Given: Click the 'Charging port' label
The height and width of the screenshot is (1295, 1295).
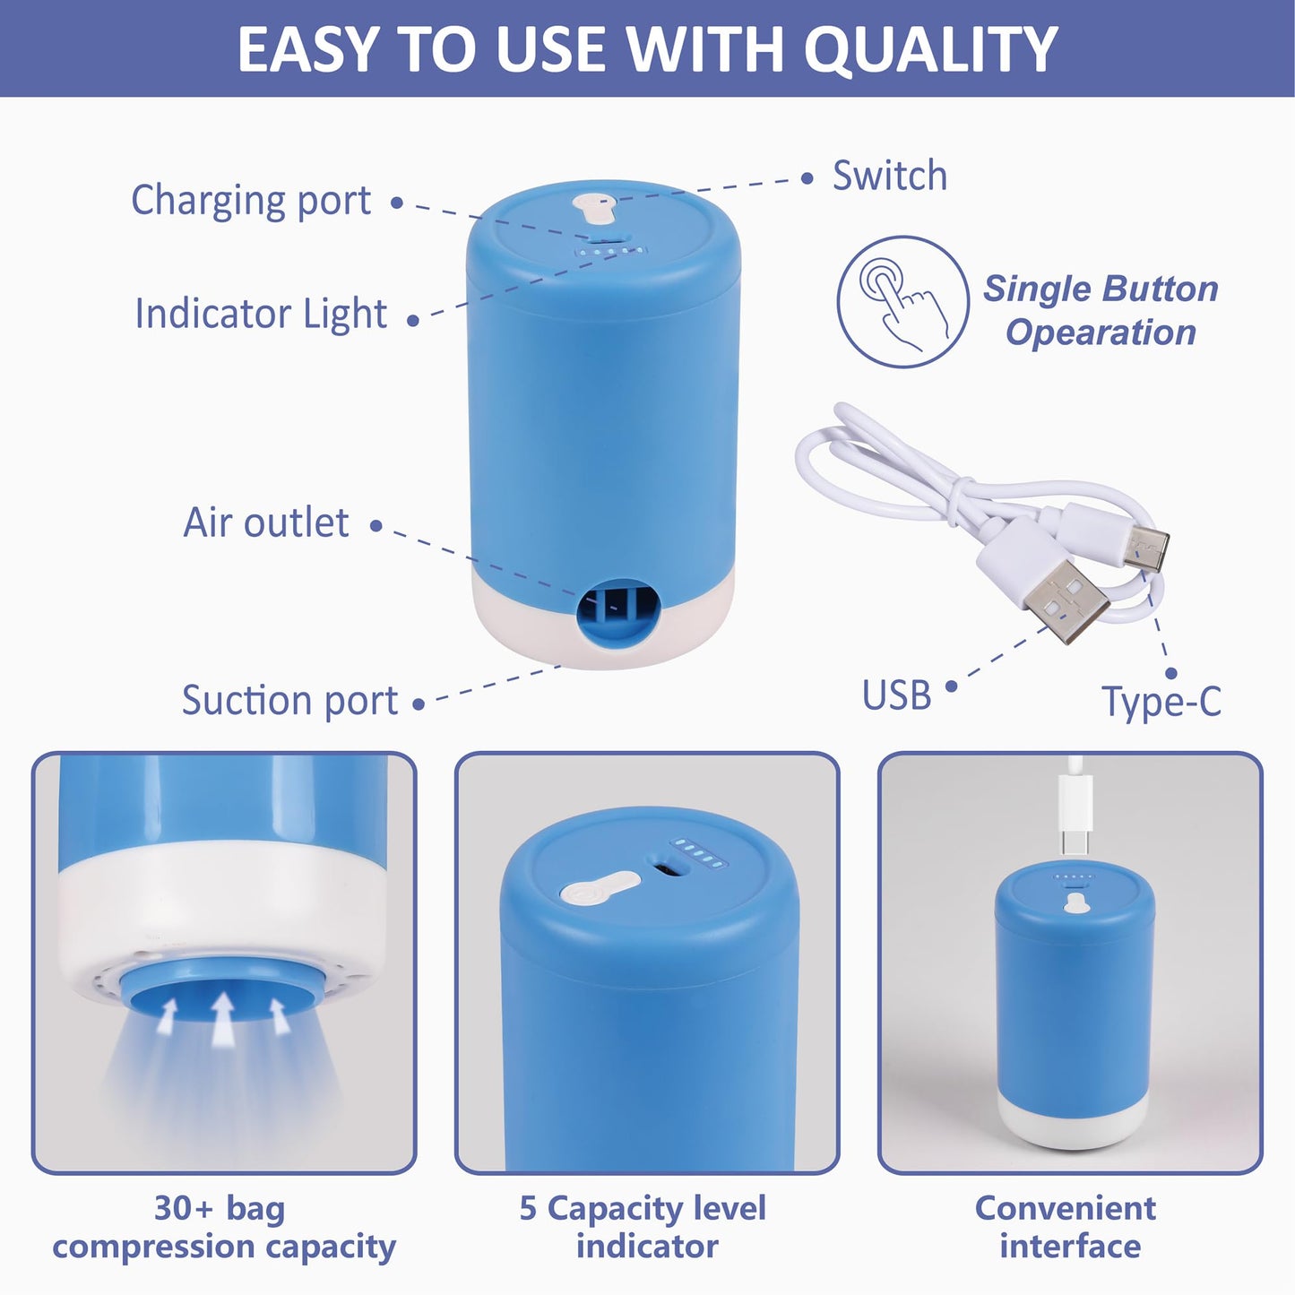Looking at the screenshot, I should point(251,201).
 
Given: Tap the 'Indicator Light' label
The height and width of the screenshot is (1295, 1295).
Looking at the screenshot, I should point(261,314).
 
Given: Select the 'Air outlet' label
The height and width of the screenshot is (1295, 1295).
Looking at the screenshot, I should point(266,522).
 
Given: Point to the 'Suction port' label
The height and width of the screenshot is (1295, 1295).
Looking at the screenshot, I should point(289,701).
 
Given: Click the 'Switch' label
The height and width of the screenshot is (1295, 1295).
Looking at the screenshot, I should point(889,176).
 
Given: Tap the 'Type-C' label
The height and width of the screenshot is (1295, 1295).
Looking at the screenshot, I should point(1161,701).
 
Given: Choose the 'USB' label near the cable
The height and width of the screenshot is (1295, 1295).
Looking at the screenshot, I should point(896,695).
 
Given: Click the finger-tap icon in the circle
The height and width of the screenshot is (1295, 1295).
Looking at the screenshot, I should point(902,302).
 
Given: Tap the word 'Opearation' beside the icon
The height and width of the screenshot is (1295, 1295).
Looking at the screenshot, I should point(1101,332).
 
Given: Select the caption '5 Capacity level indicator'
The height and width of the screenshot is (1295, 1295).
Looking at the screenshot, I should point(643,1227).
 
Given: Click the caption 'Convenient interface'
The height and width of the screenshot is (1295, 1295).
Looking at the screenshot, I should point(1066,1227).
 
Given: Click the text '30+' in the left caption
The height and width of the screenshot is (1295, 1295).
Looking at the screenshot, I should point(184,1208).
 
